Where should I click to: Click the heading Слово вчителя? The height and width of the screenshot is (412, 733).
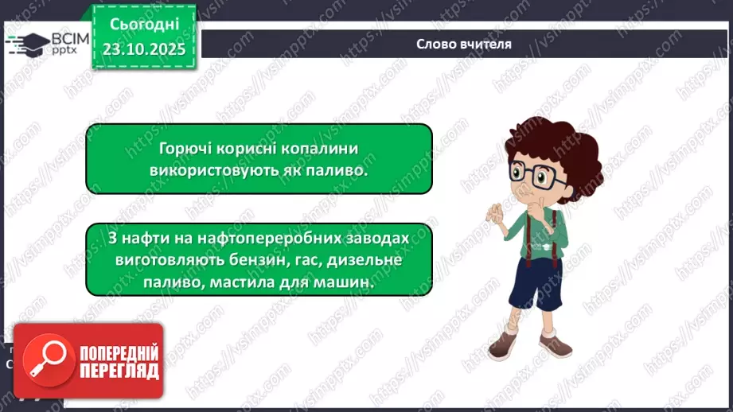click(463, 44)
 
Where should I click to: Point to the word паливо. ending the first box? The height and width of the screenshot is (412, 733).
click(336, 170)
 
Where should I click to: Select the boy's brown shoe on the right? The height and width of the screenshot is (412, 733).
click(556, 344)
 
